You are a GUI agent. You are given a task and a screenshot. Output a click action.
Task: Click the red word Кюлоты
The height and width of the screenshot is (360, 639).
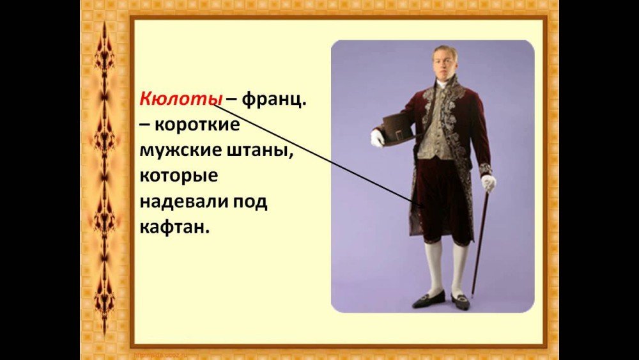coord(181,98)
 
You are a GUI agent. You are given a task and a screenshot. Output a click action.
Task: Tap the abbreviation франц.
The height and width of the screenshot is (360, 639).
coord(274,100)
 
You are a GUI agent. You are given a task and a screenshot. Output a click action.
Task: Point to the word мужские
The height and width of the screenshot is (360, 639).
coord(180,150)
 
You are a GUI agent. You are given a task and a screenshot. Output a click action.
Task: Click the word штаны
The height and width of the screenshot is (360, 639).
coord(259,150)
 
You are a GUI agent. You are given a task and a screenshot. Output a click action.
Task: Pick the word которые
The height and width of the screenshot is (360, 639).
coord(179,176)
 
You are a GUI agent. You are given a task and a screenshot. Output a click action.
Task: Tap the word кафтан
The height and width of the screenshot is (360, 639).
coord(174,227)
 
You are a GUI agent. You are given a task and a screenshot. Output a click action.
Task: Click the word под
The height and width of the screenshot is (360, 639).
coord(250,202)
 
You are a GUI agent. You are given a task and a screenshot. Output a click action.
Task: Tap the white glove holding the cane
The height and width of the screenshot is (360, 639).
coord(488,182)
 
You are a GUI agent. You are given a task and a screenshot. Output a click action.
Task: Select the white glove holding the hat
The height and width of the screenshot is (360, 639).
coord(377,138)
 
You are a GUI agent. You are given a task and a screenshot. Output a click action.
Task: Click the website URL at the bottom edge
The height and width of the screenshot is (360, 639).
coord(160,355)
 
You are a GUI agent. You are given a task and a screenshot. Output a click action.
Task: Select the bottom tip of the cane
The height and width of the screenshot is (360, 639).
coord(472,297)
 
